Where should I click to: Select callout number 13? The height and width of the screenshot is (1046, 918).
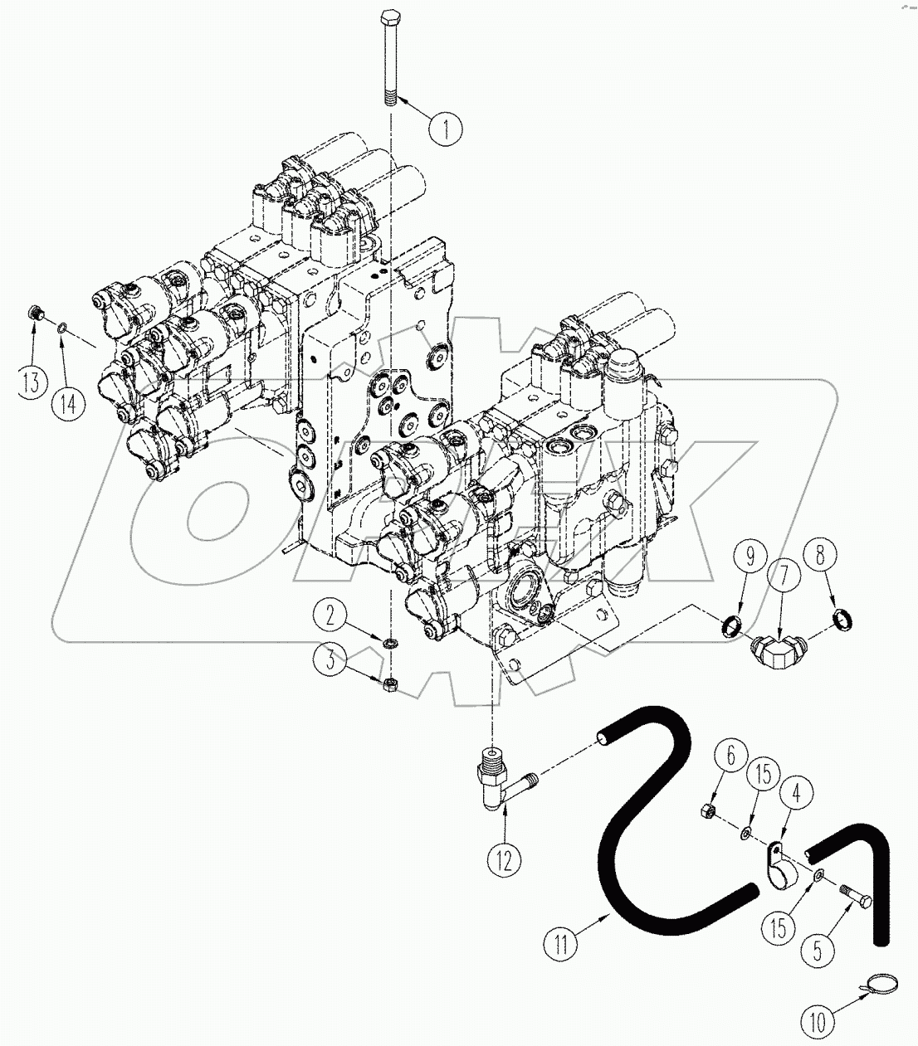[x=32, y=383]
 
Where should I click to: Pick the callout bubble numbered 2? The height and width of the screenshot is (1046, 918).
[x=330, y=615]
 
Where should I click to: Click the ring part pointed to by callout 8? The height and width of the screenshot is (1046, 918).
[x=843, y=620]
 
